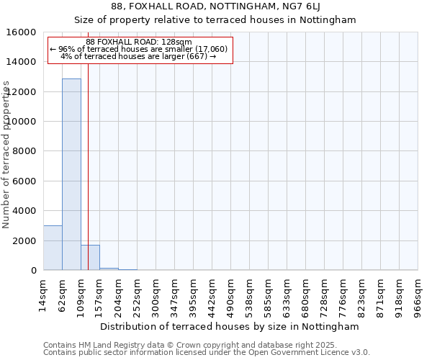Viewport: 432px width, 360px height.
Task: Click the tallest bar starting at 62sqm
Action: point(71,174)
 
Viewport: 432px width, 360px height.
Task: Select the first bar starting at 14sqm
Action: point(53,248)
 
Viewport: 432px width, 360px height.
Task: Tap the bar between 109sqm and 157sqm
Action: point(90,258)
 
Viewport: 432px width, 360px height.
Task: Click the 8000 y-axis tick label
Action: point(26,151)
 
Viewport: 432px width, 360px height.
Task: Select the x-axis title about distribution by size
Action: point(230,326)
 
